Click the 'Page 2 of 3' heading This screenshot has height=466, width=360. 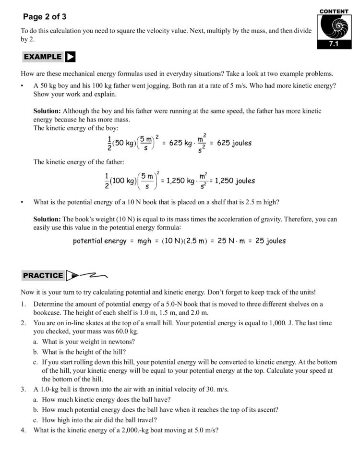tap(45, 17)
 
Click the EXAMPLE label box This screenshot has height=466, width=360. tap(42, 57)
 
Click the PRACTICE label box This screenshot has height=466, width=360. tap(43, 275)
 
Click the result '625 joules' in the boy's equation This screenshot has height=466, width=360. tap(234, 143)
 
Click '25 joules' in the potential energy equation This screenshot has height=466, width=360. tap(270, 241)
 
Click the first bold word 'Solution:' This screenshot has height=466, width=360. tap(47, 110)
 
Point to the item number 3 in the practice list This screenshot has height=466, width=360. tap(23, 389)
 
